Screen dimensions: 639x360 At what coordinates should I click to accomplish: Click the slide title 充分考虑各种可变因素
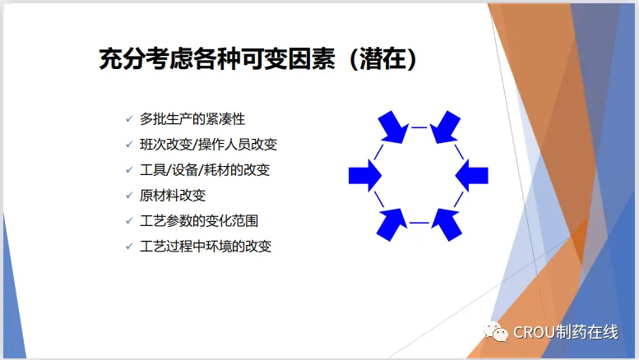click(217, 59)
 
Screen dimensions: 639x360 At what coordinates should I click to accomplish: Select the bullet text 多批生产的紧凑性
click(192, 119)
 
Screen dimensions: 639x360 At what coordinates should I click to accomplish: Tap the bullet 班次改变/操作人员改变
click(208, 145)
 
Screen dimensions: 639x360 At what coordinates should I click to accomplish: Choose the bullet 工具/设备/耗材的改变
click(205, 170)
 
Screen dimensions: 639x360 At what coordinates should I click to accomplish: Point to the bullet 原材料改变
click(173, 196)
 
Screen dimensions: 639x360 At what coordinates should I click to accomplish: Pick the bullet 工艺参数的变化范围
click(199, 221)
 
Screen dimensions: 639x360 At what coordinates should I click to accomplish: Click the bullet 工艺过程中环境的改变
click(206, 247)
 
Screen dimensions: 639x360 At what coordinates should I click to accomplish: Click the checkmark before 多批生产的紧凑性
click(129, 119)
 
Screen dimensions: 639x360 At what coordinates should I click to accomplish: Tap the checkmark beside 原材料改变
click(129, 195)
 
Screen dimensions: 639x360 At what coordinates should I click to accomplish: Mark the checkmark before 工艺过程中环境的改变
click(129, 246)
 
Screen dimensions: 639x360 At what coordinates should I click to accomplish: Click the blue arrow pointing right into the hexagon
click(365, 176)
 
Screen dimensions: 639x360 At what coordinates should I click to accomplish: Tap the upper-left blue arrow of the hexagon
click(393, 127)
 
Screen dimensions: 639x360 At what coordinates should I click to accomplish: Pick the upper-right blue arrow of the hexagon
click(445, 127)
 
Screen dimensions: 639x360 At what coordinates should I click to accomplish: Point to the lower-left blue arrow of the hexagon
click(391, 225)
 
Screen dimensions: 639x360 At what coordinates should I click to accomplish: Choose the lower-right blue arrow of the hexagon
click(447, 225)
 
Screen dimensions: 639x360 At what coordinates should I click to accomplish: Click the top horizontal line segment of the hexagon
click(419, 127)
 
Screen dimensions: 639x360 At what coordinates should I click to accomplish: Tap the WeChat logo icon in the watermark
click(496, 332)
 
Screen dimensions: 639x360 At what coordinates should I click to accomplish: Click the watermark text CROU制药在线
click(566, 332)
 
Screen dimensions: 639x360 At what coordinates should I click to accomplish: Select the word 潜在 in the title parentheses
click(382, 59)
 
